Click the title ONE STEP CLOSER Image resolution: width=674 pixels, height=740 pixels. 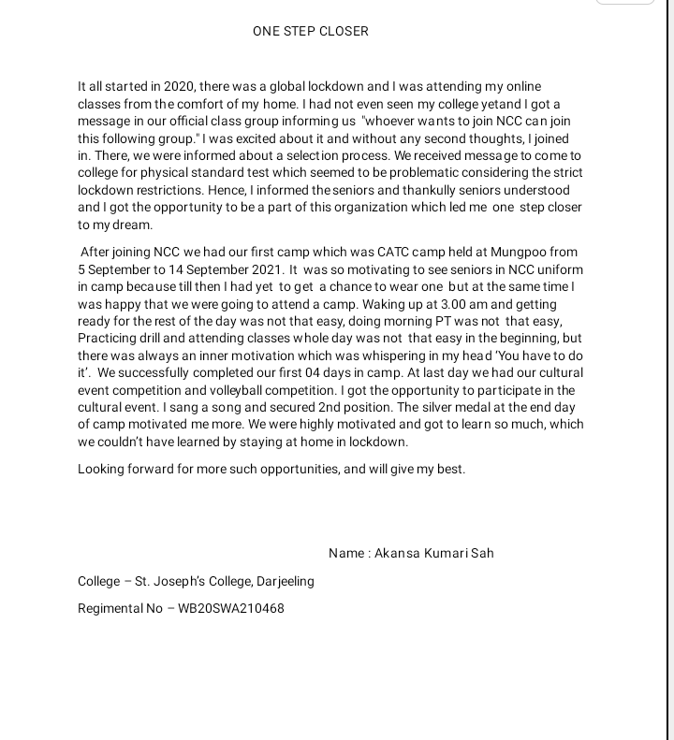pos(310,31)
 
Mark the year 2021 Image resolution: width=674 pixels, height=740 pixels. pos(267,269)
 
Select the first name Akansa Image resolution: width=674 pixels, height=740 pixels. pos(397,553)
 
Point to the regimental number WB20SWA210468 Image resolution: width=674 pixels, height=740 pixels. pos(231,608)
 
